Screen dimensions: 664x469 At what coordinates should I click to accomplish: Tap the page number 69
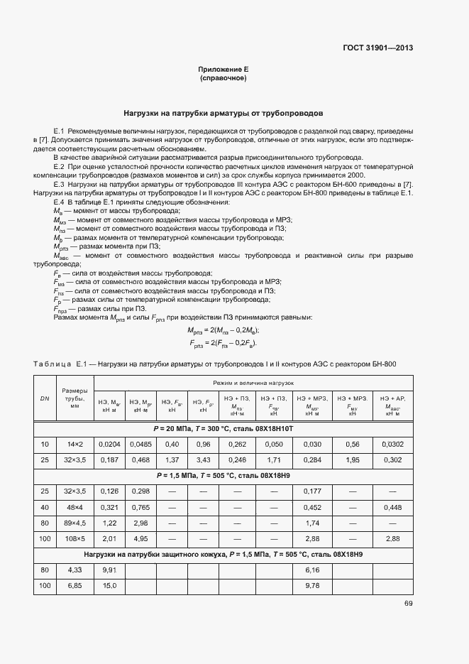pos(409,604)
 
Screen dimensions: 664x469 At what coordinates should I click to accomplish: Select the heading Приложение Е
pos(223,70)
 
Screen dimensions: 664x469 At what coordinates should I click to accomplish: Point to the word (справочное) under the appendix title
pos(223,78)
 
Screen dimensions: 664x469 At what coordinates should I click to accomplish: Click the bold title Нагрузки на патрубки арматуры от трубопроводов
pos(223,113)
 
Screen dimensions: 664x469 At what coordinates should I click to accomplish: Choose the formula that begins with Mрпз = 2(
pos(223,331)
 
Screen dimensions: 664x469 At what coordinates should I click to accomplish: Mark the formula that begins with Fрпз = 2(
pos(223,344)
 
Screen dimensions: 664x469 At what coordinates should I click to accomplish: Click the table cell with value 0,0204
pos(109,444)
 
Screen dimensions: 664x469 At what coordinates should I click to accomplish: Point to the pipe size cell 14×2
pos(75,444)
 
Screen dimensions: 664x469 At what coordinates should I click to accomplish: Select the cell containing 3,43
pos(203,459)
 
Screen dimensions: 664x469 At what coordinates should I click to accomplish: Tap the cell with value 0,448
pos(391,507)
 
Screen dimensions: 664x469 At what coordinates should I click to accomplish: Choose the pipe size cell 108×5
pos(75,539)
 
